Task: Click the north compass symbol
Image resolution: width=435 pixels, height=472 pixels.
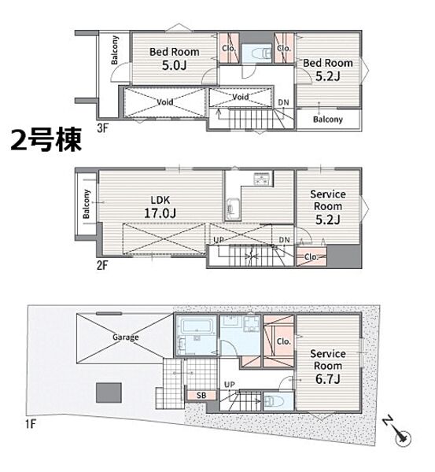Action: tap(397, 432)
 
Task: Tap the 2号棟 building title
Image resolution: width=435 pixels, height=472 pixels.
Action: tap(46, 140)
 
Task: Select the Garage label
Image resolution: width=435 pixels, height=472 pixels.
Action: tap(126, 337)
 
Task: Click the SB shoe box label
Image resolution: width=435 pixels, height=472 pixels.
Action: tap(201, 395)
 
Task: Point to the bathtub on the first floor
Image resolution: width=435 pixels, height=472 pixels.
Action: tap(197, 327)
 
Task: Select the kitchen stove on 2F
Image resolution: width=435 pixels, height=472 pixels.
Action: tap(263, 179)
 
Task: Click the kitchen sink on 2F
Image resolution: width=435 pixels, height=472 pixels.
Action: tap(232, 208)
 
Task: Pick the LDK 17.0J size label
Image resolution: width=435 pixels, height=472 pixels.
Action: tap(160, 213)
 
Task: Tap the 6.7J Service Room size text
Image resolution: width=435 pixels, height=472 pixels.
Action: tap(328, 378)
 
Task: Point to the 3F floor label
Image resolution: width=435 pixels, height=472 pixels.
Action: tap(102, 128)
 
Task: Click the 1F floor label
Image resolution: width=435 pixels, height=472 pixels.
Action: tap(31, 425)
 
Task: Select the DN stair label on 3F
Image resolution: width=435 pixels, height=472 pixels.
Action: tap(283, 102)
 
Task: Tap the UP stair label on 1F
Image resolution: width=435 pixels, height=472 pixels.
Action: tap(230, 385)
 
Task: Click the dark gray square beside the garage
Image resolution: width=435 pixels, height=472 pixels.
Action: tap(109, 393)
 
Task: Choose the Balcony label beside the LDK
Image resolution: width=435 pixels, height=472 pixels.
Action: tap(86, 204)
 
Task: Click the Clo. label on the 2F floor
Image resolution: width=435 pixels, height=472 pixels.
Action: tap(312, 256)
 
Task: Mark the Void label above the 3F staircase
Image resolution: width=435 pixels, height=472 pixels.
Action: tap(240, 97)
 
